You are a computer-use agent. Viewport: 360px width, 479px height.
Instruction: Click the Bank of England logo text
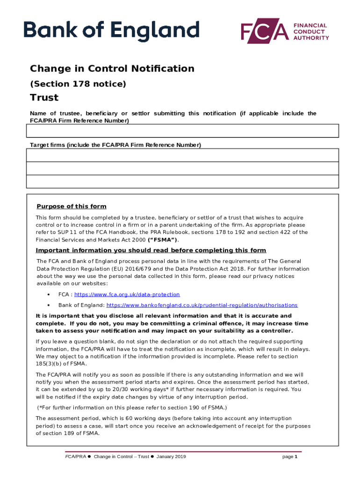click(x=112, y=31)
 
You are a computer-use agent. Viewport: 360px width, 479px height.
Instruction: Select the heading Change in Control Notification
click(x=112, y=69)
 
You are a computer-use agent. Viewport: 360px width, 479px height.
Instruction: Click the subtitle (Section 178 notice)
click(x=78, y=84)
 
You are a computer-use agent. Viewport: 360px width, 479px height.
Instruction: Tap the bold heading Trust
click(x=44, y=98)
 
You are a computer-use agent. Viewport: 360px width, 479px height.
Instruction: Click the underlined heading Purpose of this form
click(x=72, y=207)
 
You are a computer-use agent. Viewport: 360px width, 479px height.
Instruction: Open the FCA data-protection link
click(x=127, y=295)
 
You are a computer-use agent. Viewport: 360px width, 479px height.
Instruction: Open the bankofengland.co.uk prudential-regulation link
click(x=202, y=305)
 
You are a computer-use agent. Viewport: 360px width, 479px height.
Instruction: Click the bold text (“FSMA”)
click(x=162, y=240)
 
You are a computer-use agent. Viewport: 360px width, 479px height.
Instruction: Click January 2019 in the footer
click(x=171, y=457)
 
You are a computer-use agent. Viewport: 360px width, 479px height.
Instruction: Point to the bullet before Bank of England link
click(x=49, y=305)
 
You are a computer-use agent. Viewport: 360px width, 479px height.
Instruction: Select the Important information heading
click(x=151, y=250)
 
